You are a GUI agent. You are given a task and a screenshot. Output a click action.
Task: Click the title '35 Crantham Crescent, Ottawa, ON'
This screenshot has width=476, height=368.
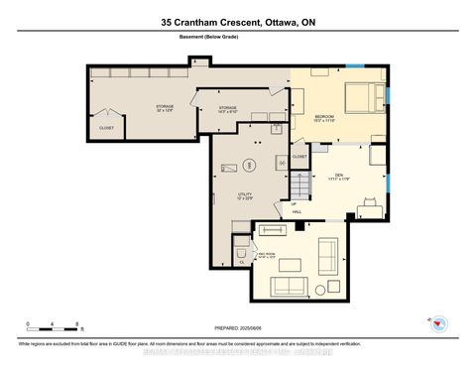click(238, 21)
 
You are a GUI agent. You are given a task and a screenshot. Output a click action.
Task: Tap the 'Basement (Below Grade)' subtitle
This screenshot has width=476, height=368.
click(238, 37)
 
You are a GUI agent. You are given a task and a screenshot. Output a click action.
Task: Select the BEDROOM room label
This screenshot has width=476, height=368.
click(324, 117)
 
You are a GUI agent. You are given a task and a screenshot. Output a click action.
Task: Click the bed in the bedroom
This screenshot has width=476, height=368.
click(363, 97)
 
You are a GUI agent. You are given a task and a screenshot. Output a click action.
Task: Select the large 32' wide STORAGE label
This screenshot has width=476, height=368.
click(164, 107)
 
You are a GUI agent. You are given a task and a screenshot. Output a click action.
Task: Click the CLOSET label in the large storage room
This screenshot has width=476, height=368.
click(106, 127)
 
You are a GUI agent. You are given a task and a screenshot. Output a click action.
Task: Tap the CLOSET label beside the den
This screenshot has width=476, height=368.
click(298, 156)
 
